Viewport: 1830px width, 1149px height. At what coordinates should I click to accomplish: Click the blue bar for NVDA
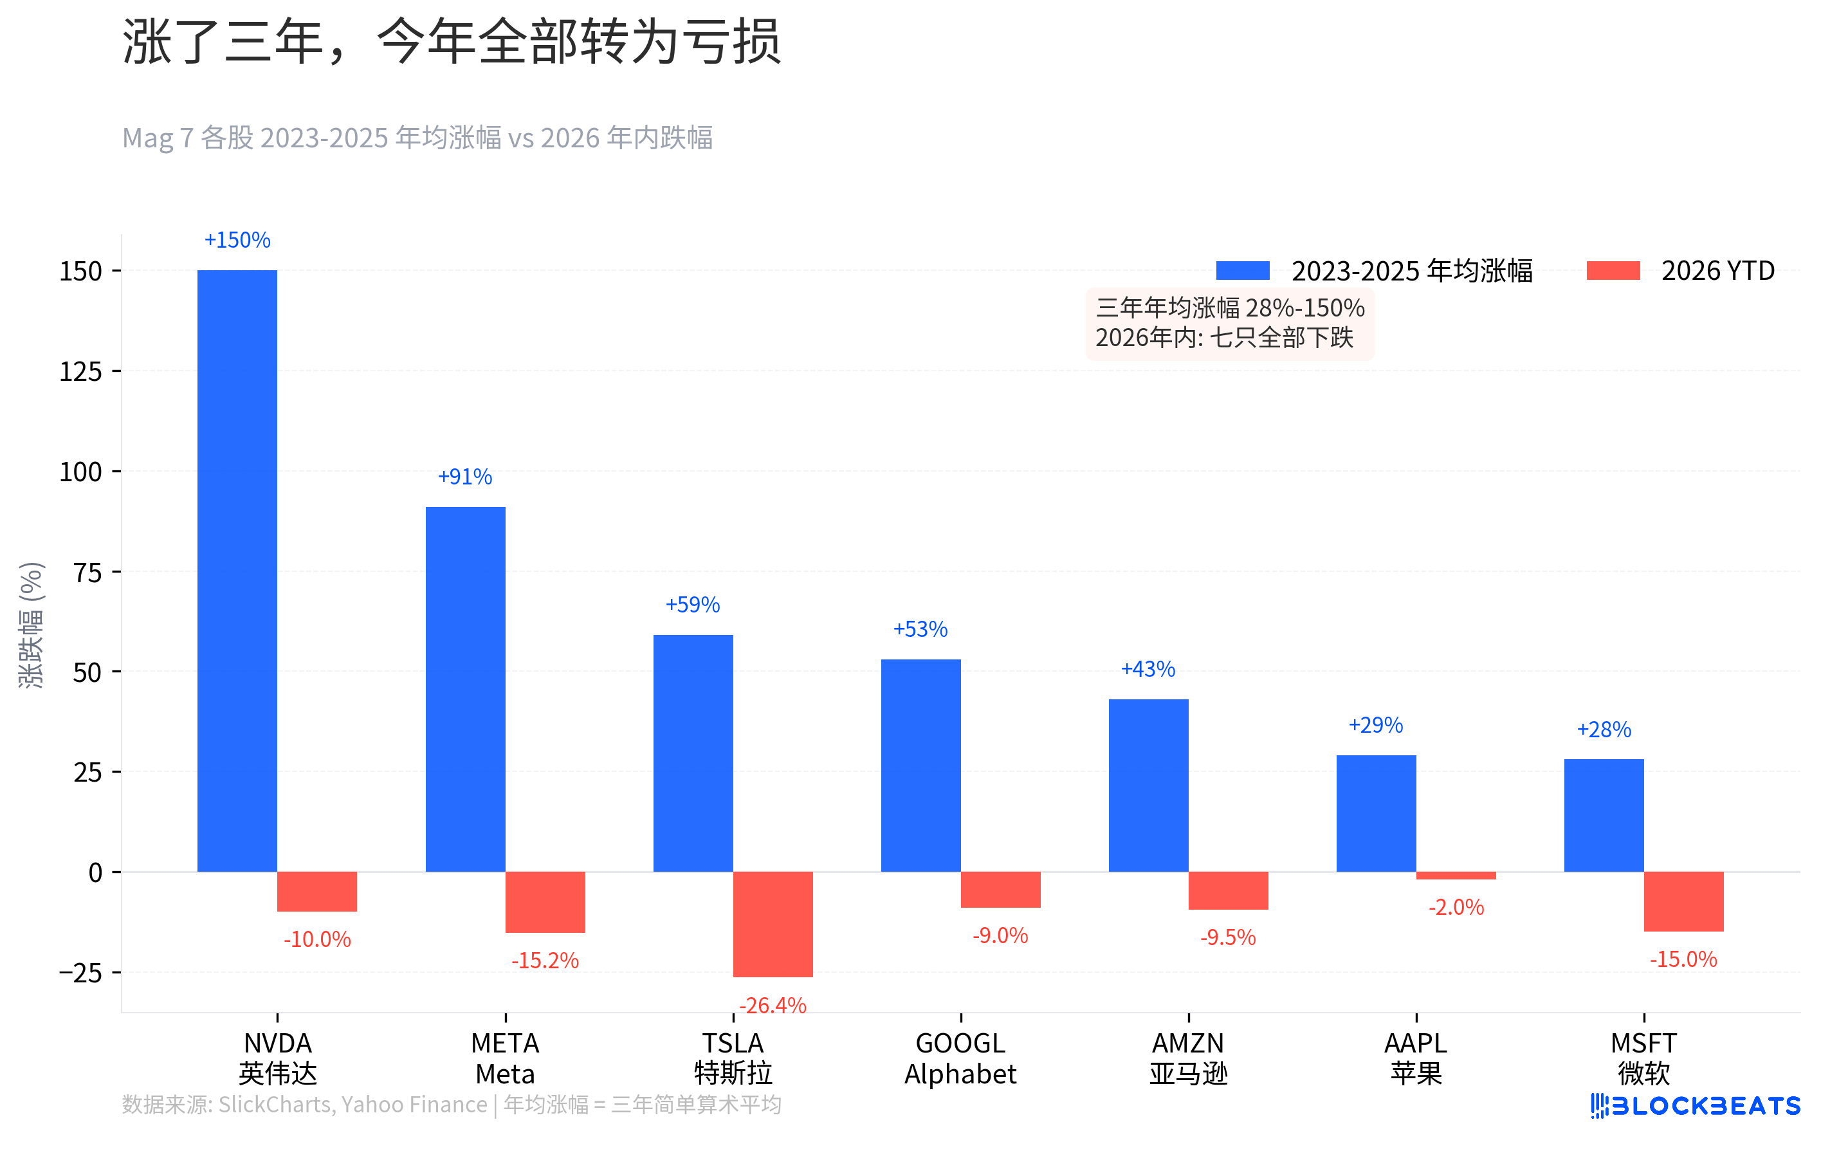[x=237, y=570]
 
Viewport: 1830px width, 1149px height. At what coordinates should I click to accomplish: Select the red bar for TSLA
[x=772, y=923]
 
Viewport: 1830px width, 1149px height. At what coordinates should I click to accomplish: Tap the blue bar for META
[x=465, y=688]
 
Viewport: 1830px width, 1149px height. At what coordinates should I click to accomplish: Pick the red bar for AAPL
[x=1455, y=876]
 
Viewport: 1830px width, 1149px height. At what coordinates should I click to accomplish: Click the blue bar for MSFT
[x=1603, y=814]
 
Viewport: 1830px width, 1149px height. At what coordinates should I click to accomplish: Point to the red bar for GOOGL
[x=1000, y=889]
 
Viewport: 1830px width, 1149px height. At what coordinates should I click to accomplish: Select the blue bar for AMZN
[x=1148, y=785]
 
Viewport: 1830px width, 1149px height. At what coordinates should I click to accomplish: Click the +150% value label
[x=237, y=240]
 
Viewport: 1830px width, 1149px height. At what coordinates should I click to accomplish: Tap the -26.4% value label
[x=772, y=1006]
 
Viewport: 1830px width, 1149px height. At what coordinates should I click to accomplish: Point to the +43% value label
[x=1148, y=668]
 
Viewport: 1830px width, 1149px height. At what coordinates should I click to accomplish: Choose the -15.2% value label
[x=545, y=961]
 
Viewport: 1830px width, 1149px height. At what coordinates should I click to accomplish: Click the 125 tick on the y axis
[x=80, y=372]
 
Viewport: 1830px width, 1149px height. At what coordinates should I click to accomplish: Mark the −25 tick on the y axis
[x=80, y=973]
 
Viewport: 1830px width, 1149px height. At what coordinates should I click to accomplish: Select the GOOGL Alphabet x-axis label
[x=960, y=1058]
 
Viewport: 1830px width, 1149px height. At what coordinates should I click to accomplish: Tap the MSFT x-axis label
[x=1643, y=1058]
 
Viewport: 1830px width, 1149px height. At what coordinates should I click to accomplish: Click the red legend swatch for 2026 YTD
[x=1613, y=271]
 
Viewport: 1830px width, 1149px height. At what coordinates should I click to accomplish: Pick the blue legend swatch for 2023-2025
[x=1242, y=271]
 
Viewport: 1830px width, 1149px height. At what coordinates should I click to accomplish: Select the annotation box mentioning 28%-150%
[x=1229, y=323]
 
